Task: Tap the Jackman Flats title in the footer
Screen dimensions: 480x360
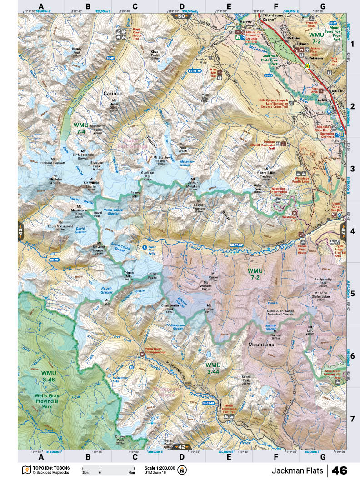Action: tap(298, 470)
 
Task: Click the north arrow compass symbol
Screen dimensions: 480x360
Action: tap(182, 470)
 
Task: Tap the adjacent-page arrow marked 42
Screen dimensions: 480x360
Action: tap(182, 446)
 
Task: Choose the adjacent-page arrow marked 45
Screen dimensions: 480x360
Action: tap(21, 230)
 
